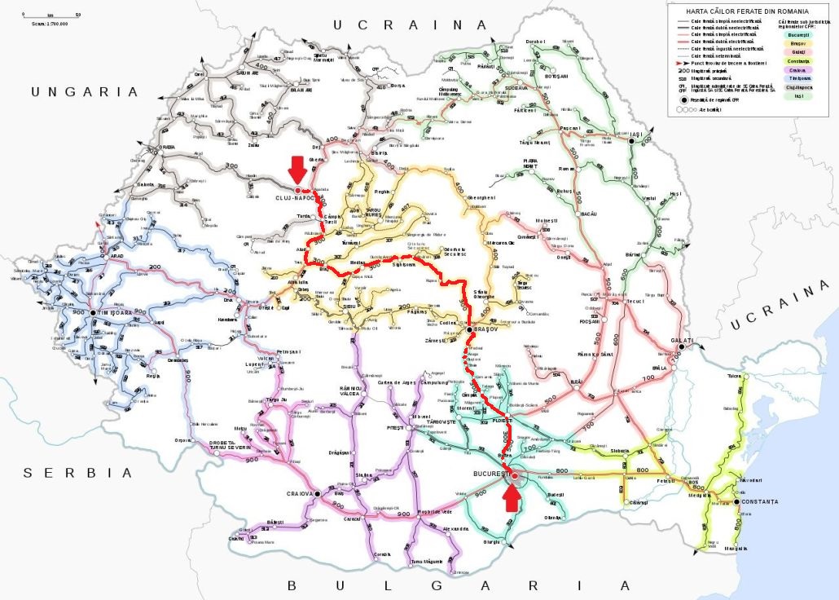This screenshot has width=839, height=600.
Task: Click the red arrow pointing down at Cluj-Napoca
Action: [297, 169]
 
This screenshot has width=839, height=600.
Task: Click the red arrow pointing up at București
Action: [512, 496]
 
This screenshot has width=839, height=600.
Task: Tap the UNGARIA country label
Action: [74, 92]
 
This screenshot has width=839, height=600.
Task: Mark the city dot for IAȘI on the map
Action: [630, 141]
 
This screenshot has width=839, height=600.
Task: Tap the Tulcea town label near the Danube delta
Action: [735, 376]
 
